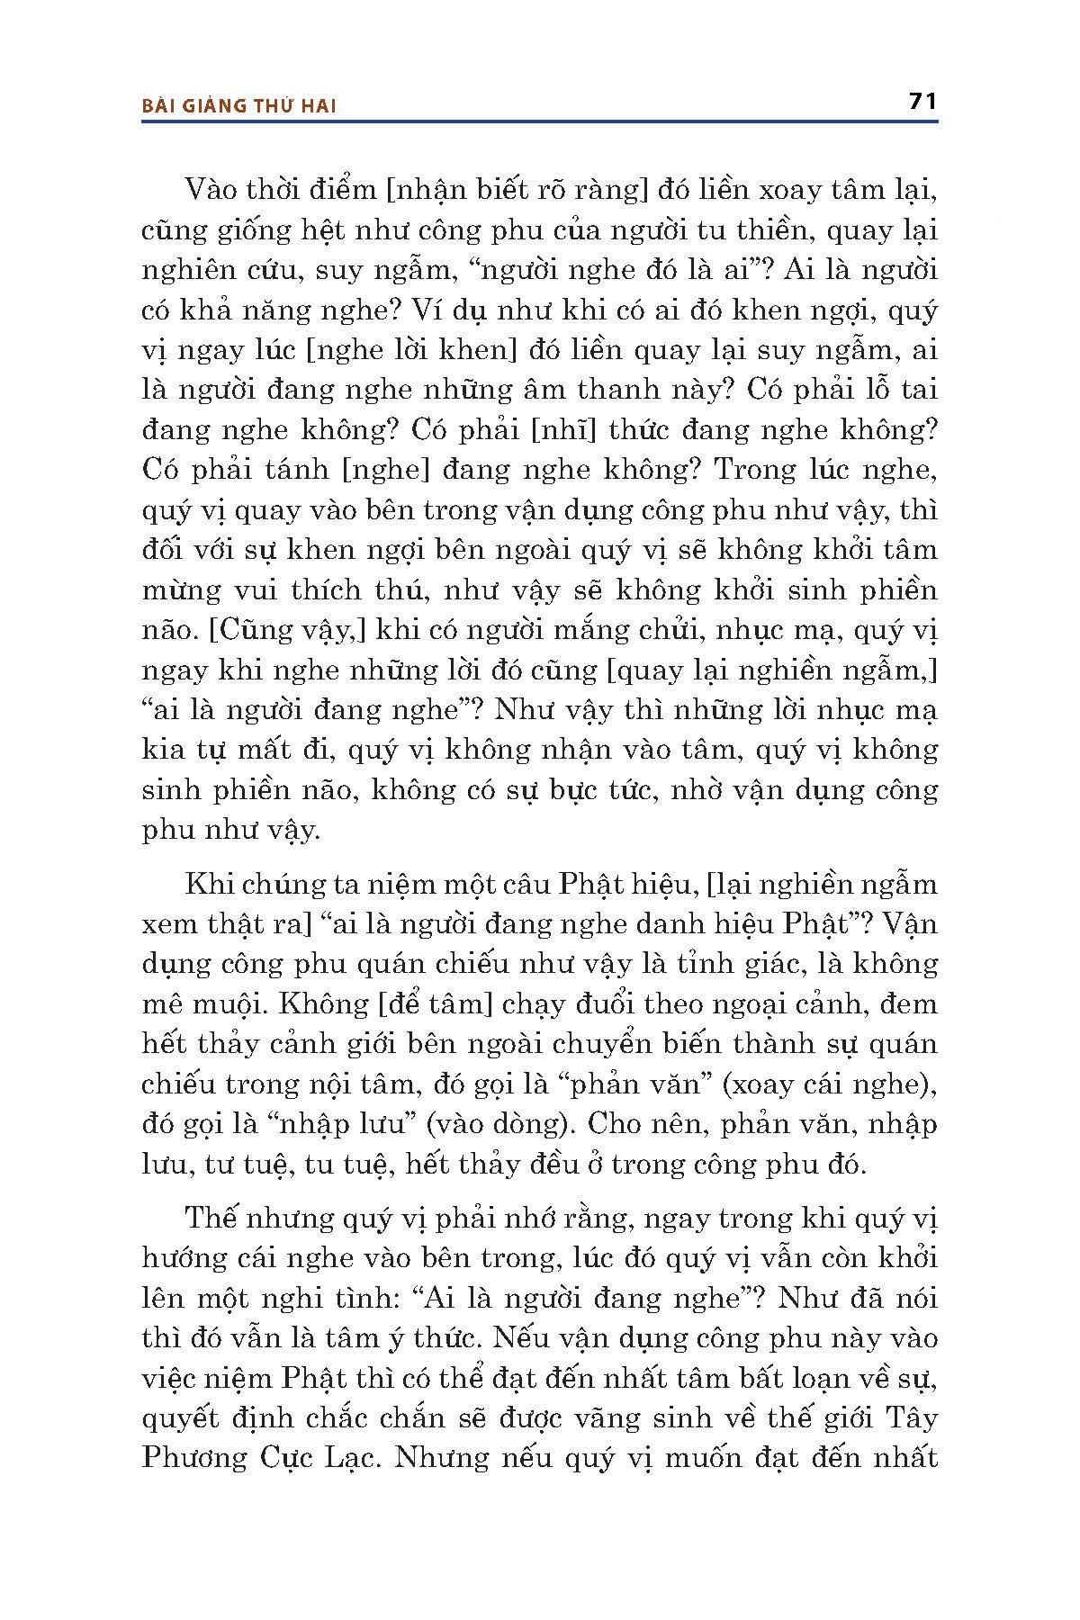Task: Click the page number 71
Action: click(x=923, y=101)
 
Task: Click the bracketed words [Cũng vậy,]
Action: click(x=286, y=630)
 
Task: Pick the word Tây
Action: click(x=911, y=1417)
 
